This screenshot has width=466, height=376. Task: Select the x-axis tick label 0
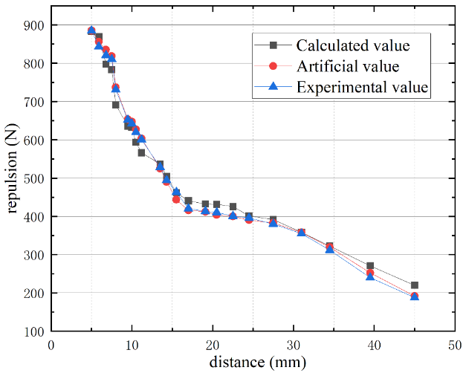(51, 346)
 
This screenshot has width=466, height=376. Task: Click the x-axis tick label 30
(294, 346)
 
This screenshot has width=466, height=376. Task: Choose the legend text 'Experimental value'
(363, 86)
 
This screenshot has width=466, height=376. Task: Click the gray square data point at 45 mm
(414, 285)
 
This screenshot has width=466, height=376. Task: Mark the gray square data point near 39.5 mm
(370, 266)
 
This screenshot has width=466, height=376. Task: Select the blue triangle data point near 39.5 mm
(370, 276)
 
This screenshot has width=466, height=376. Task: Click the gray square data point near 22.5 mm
(233, 207)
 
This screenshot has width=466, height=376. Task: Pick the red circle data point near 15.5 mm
(176, 199)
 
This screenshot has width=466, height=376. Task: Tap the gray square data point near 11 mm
(141, 152)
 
